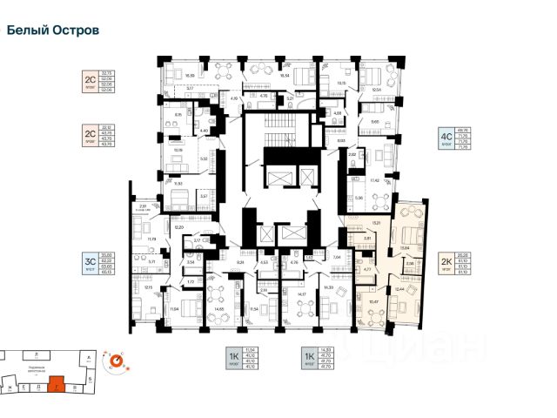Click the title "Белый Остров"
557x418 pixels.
(x=52, y=30)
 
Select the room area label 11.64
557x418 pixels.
(x=174, y=308)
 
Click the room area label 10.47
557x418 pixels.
(x=374, y=301)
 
